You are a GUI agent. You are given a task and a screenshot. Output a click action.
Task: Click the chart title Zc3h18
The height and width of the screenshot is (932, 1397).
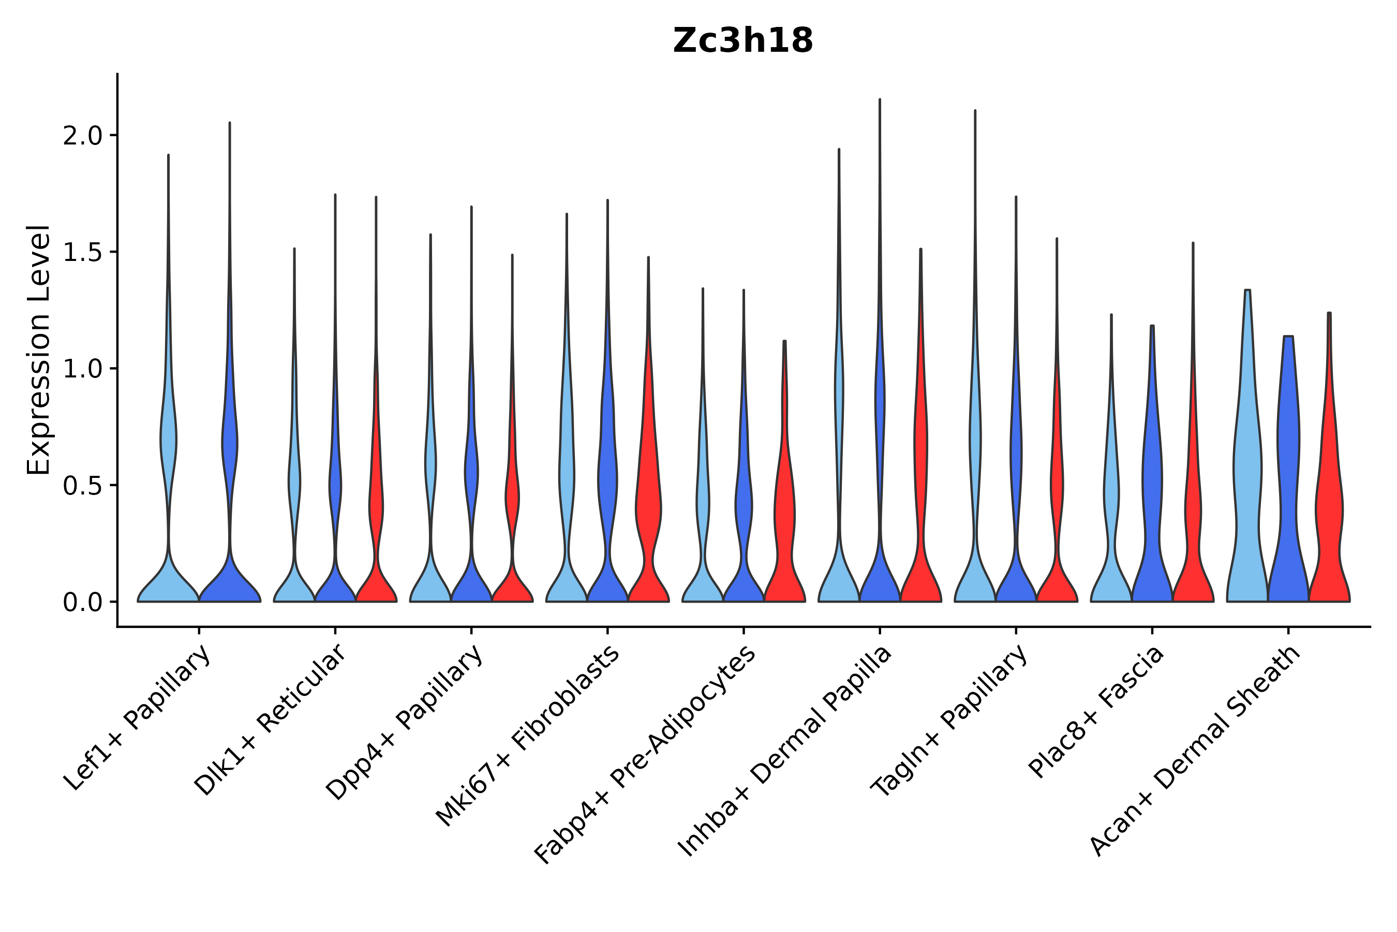click(742, 41)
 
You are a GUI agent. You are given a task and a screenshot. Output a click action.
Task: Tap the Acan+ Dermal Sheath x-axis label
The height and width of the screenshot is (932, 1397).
click(1195, 751)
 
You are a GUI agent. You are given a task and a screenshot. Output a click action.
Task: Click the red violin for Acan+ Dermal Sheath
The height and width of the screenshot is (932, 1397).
click(1329, 505)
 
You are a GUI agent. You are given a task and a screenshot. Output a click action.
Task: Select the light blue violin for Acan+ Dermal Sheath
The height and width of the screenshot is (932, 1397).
click(1247, 475)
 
